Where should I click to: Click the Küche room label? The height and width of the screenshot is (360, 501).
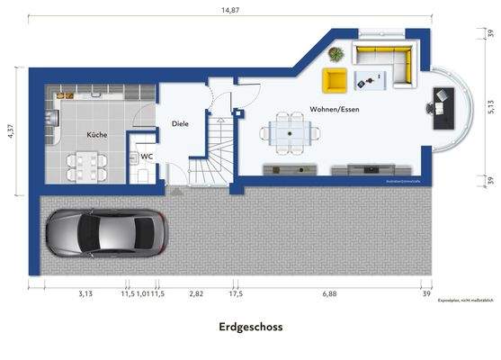click(x=96, y=134)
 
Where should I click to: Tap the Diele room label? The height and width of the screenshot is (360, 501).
click(x=180, y=123)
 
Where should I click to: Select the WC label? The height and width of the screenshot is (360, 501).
click(x=145, y=156)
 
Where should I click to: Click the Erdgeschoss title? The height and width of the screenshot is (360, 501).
click(x=250, y=328)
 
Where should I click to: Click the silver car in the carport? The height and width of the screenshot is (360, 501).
click(x=104, y=232)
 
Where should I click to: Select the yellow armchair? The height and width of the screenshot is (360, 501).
click(x=335, y=80)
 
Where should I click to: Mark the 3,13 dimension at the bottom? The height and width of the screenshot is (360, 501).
click(x=85, y=293)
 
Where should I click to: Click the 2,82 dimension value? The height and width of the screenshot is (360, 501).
click(x=196, y=293)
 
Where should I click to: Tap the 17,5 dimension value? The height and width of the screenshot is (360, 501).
click(x=235, y=293)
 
